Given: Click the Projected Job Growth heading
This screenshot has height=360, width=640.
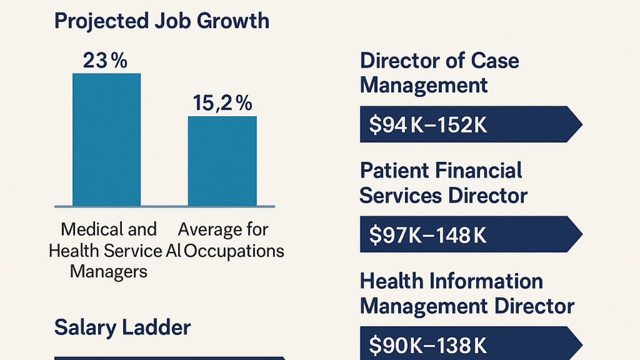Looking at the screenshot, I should (x=161, y=21).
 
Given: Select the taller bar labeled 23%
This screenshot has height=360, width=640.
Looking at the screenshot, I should (x=106, y=139).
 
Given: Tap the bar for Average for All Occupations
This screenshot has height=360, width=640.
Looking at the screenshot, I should (x=222, y=161).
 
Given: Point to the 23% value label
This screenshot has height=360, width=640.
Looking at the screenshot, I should (x=105, y=61).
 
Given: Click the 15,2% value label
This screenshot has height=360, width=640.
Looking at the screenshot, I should (x=222, y=103).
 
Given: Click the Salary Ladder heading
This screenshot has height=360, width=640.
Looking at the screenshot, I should (x=122, y=327).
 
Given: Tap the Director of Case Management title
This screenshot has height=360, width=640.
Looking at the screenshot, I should (x=439, y=73).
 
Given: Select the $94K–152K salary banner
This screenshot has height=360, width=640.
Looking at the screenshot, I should (x=470, y=124).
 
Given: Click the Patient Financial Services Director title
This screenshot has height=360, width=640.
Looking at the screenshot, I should (x=443, y=183).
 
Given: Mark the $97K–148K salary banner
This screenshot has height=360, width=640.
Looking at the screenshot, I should (x=470, y=234).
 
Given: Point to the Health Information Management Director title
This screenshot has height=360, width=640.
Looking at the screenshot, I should (x=467, y=293).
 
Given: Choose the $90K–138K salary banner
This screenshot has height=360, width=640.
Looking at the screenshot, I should (x=470, y=344).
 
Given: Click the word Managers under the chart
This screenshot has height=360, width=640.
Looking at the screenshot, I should (x=108, y=271).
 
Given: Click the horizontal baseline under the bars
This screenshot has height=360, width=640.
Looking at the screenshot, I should (x=164, y=206).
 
